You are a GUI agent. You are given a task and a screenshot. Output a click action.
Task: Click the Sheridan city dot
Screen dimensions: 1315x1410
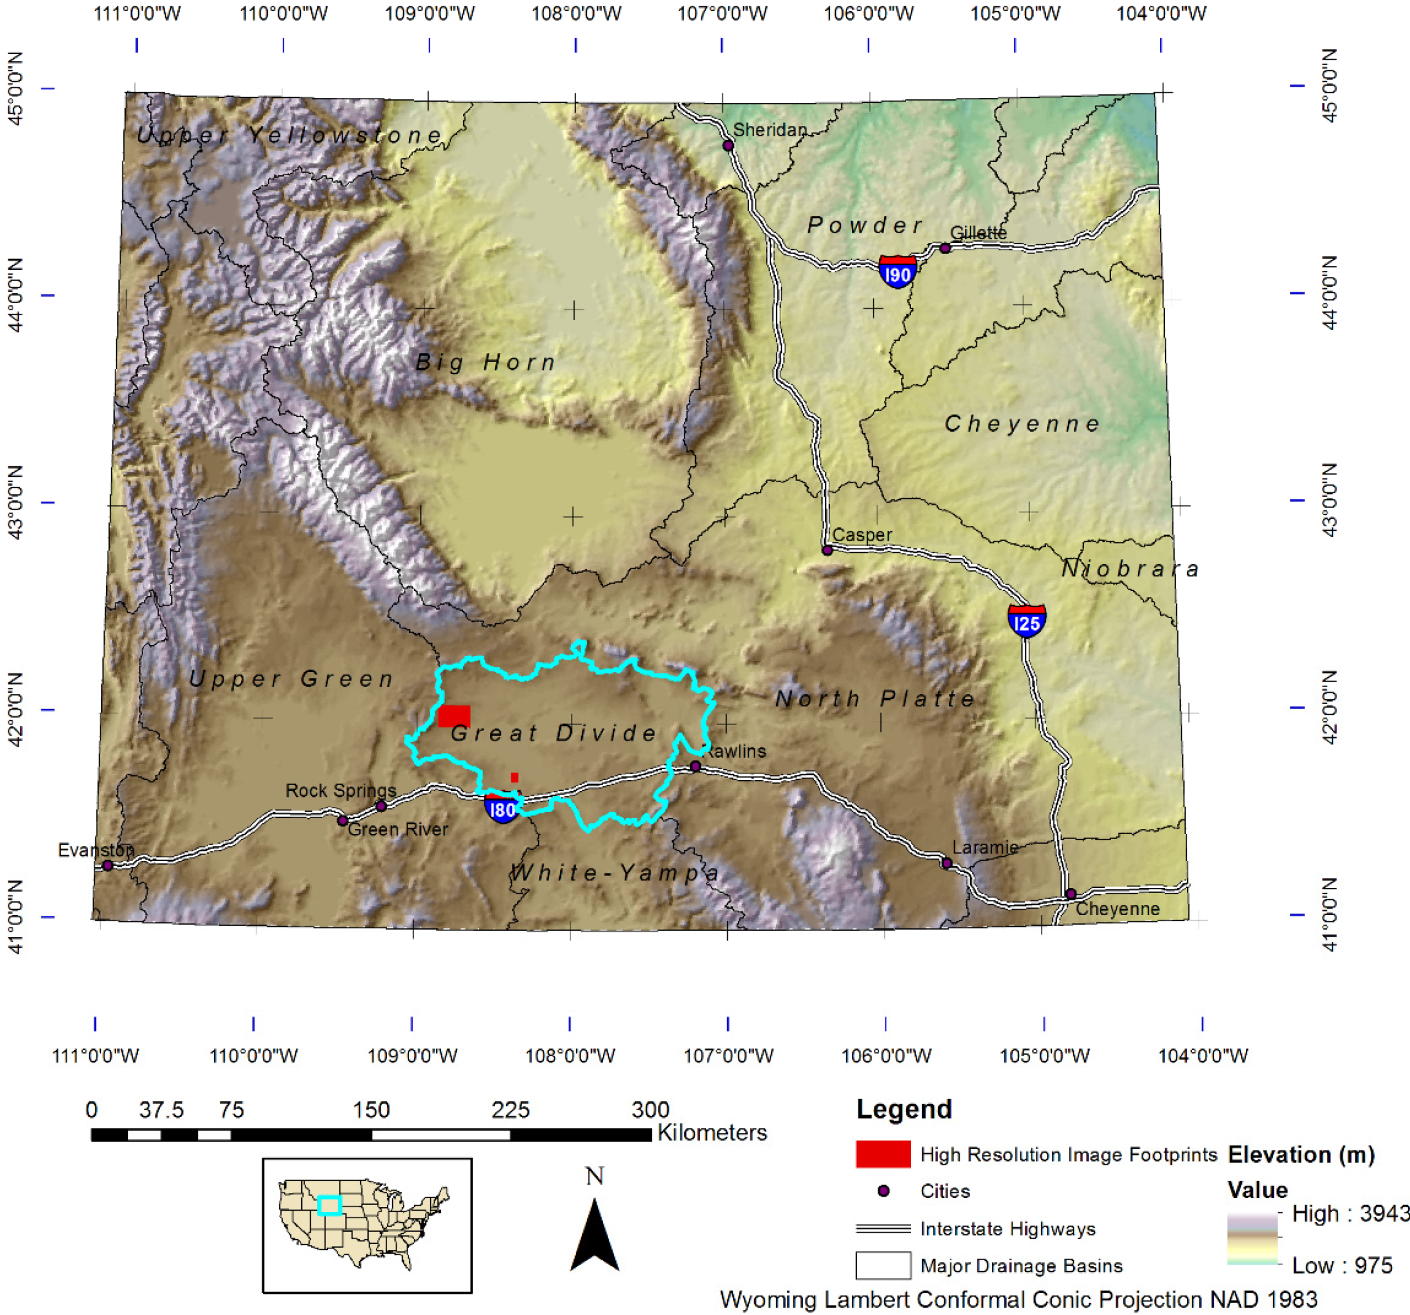[728, 146]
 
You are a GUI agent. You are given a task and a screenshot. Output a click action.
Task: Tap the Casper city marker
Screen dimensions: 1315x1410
[827, 550]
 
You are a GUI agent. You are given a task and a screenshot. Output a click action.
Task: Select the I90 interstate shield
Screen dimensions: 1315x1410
[897, 273]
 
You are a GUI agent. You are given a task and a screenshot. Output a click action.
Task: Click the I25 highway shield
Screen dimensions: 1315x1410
[1026, 622]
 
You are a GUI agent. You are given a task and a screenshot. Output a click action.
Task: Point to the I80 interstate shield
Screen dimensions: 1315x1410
[502, 808]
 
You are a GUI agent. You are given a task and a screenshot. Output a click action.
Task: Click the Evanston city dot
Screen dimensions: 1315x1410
[108, 865]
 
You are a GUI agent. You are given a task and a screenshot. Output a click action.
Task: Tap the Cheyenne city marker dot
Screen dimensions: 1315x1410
[1071, 894]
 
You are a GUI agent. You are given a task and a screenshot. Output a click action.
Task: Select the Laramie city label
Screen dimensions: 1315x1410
[985, 847]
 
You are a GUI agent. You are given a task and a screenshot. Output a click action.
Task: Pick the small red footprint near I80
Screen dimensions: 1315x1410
[514, 777]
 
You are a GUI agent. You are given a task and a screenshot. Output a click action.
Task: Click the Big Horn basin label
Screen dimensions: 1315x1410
[486, 362]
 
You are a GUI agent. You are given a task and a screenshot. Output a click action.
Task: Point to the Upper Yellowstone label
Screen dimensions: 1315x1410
[289, 135]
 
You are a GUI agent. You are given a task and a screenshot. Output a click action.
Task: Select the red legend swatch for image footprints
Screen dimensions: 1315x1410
[882, 1154]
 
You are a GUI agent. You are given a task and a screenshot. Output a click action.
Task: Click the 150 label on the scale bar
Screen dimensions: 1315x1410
[371, 1109]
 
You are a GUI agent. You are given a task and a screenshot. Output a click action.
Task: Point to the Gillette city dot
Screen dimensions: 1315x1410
[945, 248]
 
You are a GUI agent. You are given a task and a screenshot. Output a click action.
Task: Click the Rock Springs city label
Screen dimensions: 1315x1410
[341, 790]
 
